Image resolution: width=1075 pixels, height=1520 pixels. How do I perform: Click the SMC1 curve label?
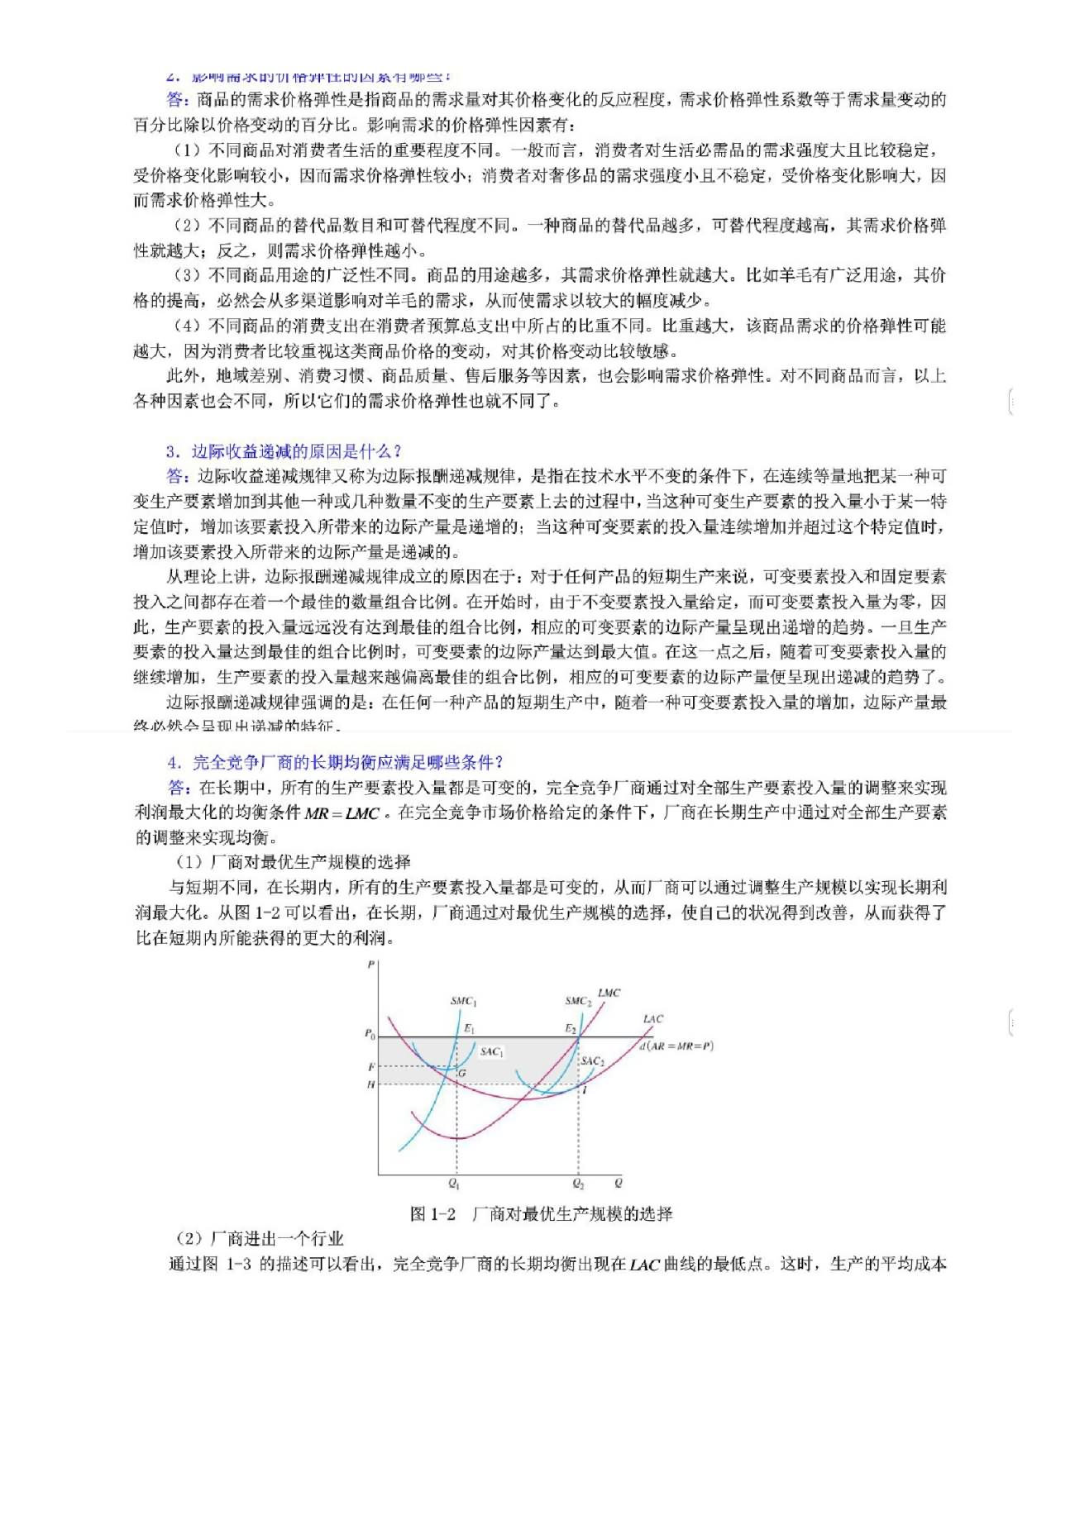click(x=463, y=1001)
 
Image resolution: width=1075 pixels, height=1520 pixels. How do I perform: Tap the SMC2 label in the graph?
click(x=578, y=1001)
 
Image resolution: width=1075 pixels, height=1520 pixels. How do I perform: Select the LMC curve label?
click(x=609, y=993)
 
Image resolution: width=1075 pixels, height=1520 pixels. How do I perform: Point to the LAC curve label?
click(x=652, y=1019)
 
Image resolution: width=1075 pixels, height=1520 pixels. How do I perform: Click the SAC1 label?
click(x=491, y=1051)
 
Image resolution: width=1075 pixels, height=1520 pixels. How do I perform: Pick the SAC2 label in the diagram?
click(x=592, y=1060)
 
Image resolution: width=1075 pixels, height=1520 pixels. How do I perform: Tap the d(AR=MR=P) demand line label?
click(x=676, y=1046)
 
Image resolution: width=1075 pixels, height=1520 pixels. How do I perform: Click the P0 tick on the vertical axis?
click(x=370, y=1034)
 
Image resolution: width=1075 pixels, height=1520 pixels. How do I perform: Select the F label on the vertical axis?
click(x=371, y=1067)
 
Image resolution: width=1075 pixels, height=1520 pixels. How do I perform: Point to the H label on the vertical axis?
click(x=370, y=1084)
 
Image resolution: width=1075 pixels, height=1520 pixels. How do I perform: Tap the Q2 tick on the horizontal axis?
click(x=578, y=1184)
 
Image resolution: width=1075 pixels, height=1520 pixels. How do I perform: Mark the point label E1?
click(x=469, y=1029)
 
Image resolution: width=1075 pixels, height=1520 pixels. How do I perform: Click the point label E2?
click(x=570, y=1029)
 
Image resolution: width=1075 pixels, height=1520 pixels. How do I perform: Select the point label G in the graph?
click(x=462, y=1073)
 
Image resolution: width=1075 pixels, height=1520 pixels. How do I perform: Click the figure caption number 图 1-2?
click(x=432, y=1213)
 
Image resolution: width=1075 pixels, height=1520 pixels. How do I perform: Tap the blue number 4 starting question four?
click(x=172, y=762)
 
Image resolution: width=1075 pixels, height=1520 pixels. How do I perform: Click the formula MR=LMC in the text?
click(x=342, y=813)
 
